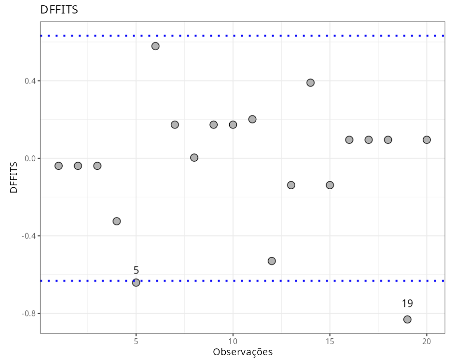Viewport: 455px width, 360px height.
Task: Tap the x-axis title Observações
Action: coord(243,352)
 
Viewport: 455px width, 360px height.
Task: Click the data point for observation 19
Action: coord(407,319)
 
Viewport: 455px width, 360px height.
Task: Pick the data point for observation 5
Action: coord(136,282)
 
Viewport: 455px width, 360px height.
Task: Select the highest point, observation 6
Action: coord(155,46)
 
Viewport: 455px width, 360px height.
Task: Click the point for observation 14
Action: coord(310,83)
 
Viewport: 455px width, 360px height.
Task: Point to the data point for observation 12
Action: coord(272,261)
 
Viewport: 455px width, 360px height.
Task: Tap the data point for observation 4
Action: coord(116,221)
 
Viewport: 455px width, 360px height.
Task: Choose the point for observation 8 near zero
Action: coord(194,157)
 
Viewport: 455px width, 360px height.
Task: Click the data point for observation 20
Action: coord(427,139)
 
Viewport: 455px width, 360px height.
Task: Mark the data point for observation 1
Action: coord(58,166)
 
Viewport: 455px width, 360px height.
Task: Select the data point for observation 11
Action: coord(252,119)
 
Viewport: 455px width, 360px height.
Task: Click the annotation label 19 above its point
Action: coord(407,304)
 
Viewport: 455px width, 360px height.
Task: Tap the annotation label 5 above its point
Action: coord(136,270)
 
